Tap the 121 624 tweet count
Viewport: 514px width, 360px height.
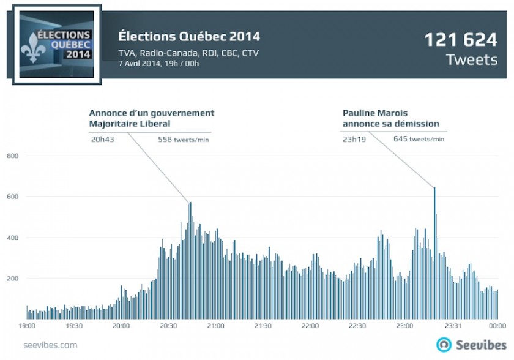pos(461,40)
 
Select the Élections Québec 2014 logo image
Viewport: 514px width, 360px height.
pos(56,45)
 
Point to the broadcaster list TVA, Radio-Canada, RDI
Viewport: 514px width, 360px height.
pos(188,53)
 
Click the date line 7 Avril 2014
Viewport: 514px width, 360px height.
pos(158,63)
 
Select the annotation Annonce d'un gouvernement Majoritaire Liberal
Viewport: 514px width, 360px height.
pos(151,118)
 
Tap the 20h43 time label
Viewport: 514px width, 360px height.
pos(102,139)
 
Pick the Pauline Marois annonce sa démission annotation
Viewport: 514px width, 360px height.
pos(390,118)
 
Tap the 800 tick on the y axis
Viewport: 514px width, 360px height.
pos(14,156)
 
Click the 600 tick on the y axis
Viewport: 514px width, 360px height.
pos(14,197)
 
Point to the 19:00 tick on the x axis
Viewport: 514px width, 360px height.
pos(27,326)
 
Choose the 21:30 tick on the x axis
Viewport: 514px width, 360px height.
pos(263,326)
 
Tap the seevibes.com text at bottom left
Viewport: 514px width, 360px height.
pos(50,345)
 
